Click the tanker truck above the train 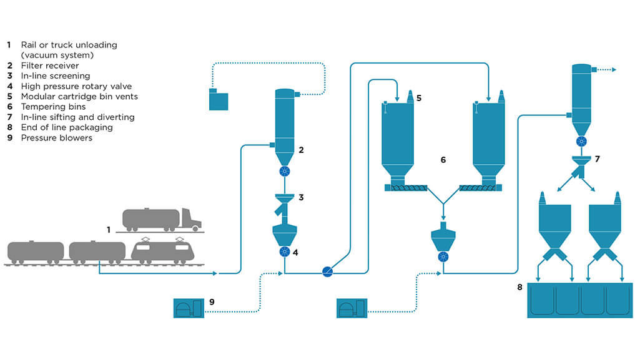point(161,219)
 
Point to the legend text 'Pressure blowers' point(57,138)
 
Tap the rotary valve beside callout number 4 point(284,251)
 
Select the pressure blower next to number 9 point(188,308)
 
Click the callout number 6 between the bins point(443,160)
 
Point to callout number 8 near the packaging point(520,287)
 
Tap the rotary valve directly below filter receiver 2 point(284,172)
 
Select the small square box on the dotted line point(219,100)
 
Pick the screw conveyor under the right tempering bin point(477,186)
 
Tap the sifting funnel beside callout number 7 point(581,163)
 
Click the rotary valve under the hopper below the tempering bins point(443,256)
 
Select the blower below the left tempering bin point(351,308)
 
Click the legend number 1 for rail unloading point(9,45)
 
